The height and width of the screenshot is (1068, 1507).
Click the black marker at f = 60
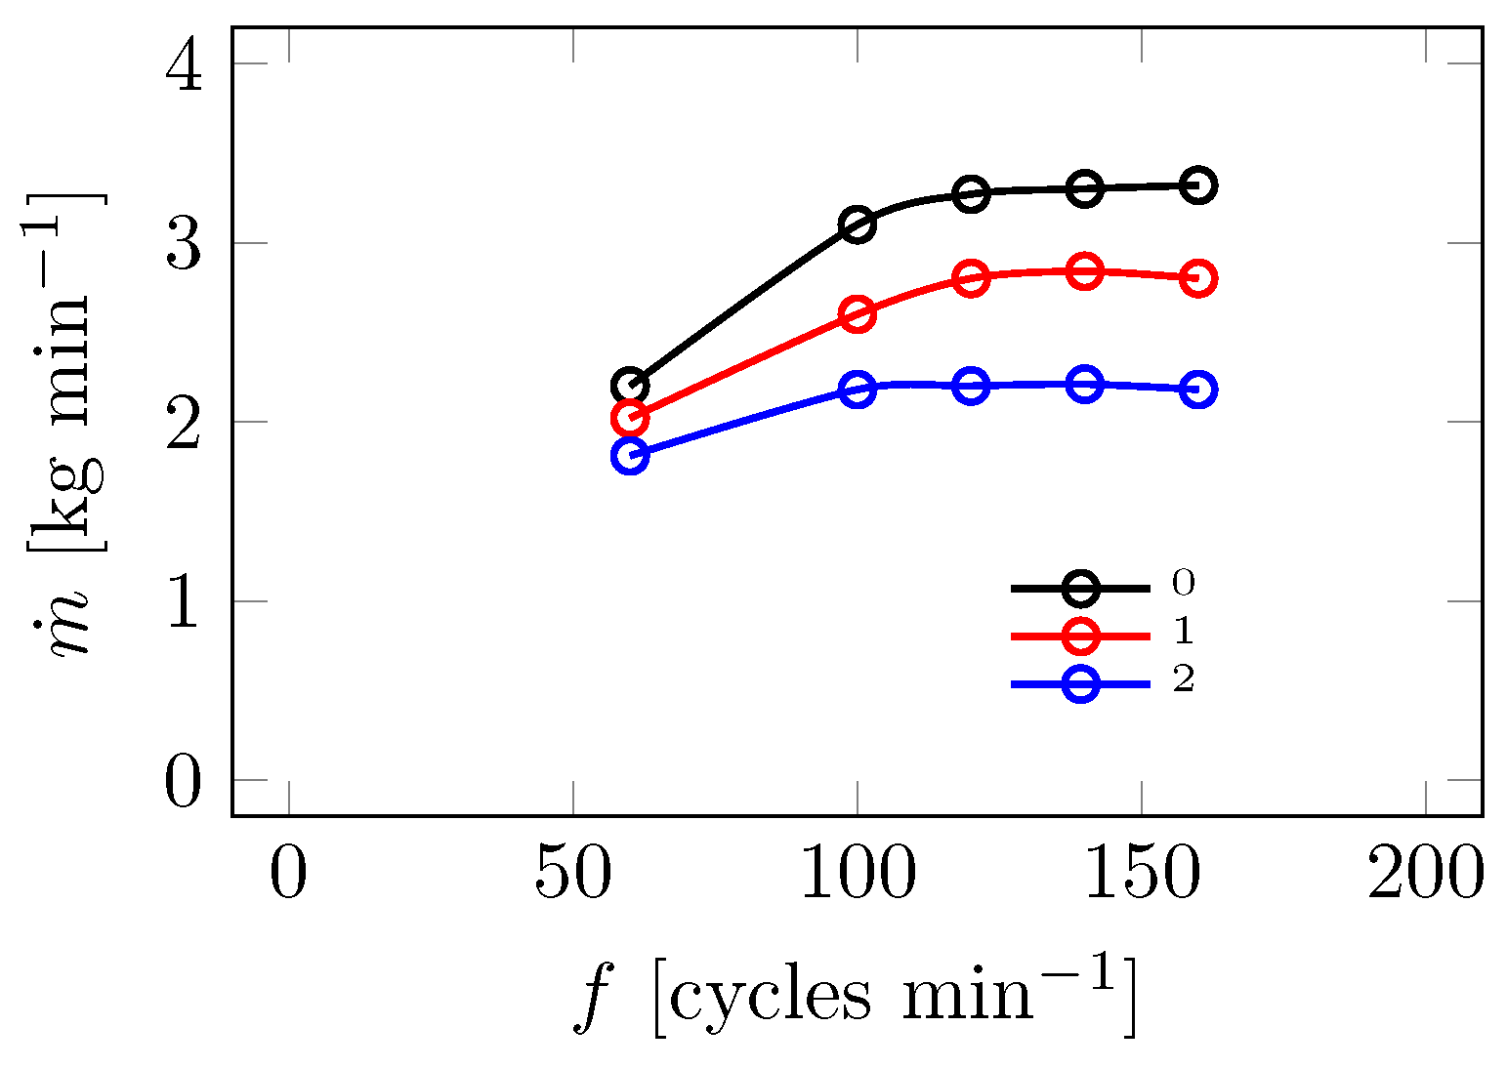click(630, 386)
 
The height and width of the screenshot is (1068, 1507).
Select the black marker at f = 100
click(857, 225)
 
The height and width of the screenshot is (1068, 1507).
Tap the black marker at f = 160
click(1198, 185)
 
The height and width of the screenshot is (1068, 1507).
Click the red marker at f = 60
click(630, 418)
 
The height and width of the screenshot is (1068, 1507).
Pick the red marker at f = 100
click(857, 314)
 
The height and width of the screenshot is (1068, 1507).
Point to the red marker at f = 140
click(1084, 271)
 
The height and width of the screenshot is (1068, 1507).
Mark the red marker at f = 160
click(1198, 278)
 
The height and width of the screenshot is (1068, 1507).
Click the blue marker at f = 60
click(630, 455)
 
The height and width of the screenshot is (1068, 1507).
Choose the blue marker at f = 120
click(971, 386)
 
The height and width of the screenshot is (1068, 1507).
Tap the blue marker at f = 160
click(1198, 390)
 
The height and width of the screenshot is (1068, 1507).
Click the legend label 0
click(1183, 584)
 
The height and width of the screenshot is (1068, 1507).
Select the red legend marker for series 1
click(1080, 636)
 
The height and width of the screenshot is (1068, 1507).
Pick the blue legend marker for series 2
click(1080, 683)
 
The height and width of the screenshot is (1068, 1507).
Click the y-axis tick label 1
click(184, 601)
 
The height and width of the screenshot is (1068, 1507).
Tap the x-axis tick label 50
click(572, 875)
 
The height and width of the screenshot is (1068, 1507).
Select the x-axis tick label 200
click(1425, 875)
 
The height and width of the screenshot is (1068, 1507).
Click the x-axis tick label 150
click(1141, 875)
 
